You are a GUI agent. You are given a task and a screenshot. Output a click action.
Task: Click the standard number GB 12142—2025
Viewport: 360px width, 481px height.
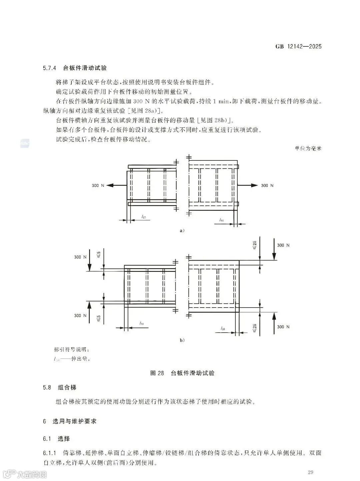tap(298, 46)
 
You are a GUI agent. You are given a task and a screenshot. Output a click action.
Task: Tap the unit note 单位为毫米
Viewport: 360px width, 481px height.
tap(308, 148)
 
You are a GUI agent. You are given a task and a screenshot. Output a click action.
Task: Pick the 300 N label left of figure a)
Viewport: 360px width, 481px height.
tap(98, 185)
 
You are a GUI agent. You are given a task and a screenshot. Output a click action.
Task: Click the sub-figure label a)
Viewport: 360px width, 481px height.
tap(182, 230)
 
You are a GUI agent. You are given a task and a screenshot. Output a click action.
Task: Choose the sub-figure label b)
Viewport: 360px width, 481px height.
tap(182, 340)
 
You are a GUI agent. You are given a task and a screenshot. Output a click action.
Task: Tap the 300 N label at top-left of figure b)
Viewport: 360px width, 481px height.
tap(80, 257)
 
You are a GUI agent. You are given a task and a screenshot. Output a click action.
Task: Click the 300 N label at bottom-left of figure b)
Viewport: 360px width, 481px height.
tap(80, 316)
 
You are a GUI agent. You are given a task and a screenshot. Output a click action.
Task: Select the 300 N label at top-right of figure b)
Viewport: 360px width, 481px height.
tap(283, 245)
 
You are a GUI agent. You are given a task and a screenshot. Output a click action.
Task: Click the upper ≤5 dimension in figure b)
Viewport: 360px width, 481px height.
tap(99, 255)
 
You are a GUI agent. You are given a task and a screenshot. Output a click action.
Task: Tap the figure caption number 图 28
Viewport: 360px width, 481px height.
tap(157, 373)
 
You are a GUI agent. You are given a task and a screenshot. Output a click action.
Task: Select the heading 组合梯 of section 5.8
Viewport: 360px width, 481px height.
tap(67, 387)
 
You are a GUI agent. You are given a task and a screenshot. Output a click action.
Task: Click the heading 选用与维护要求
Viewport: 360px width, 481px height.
tap(75, 421)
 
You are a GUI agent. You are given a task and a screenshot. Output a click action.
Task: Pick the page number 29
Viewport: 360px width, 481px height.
tap(310, 472)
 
